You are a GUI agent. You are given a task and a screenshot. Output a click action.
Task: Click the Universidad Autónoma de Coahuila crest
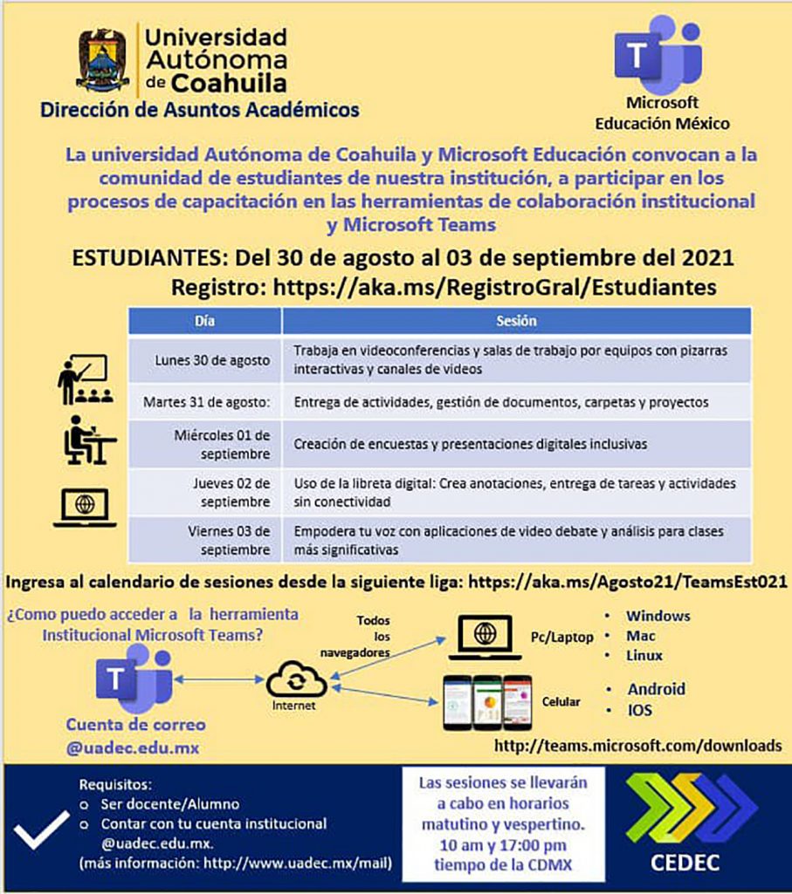tap(103, 60)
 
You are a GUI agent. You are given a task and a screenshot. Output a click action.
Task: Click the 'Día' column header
tap(204, 321)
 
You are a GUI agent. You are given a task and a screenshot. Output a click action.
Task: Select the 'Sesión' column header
tap(516, 321)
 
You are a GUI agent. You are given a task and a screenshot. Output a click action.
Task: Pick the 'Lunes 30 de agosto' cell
tap(206, 359)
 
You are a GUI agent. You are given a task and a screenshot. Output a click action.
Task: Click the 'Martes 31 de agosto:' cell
tap(206, 402)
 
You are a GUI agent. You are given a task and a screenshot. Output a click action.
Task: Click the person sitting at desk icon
tap(87, 440)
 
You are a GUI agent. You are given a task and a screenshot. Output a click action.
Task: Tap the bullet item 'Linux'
tap(644, 655)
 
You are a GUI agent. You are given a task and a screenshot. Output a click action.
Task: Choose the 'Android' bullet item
tap(656, 689)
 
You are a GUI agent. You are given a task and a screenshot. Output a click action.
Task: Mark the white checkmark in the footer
tap(41, 828)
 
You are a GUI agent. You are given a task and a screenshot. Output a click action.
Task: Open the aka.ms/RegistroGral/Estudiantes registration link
tap(494, 287)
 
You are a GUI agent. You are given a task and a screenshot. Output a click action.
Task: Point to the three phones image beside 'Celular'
tap(486, 702)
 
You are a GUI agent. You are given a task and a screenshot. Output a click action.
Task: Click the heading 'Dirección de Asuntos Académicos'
tap(199, 111)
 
